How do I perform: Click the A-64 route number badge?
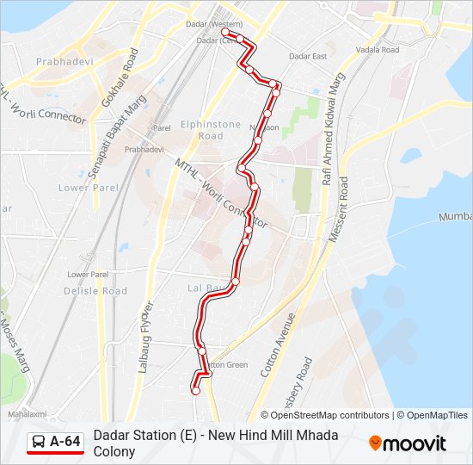pos(65,442)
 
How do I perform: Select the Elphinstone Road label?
pos(211,130)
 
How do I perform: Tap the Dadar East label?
pos(308,56)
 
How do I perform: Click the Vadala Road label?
pos(378,50)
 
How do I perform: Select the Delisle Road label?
pos(95,291)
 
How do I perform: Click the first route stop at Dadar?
pos(226,33)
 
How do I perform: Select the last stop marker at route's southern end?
pos(195,391)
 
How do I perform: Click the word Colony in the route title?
pos(114,451)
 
